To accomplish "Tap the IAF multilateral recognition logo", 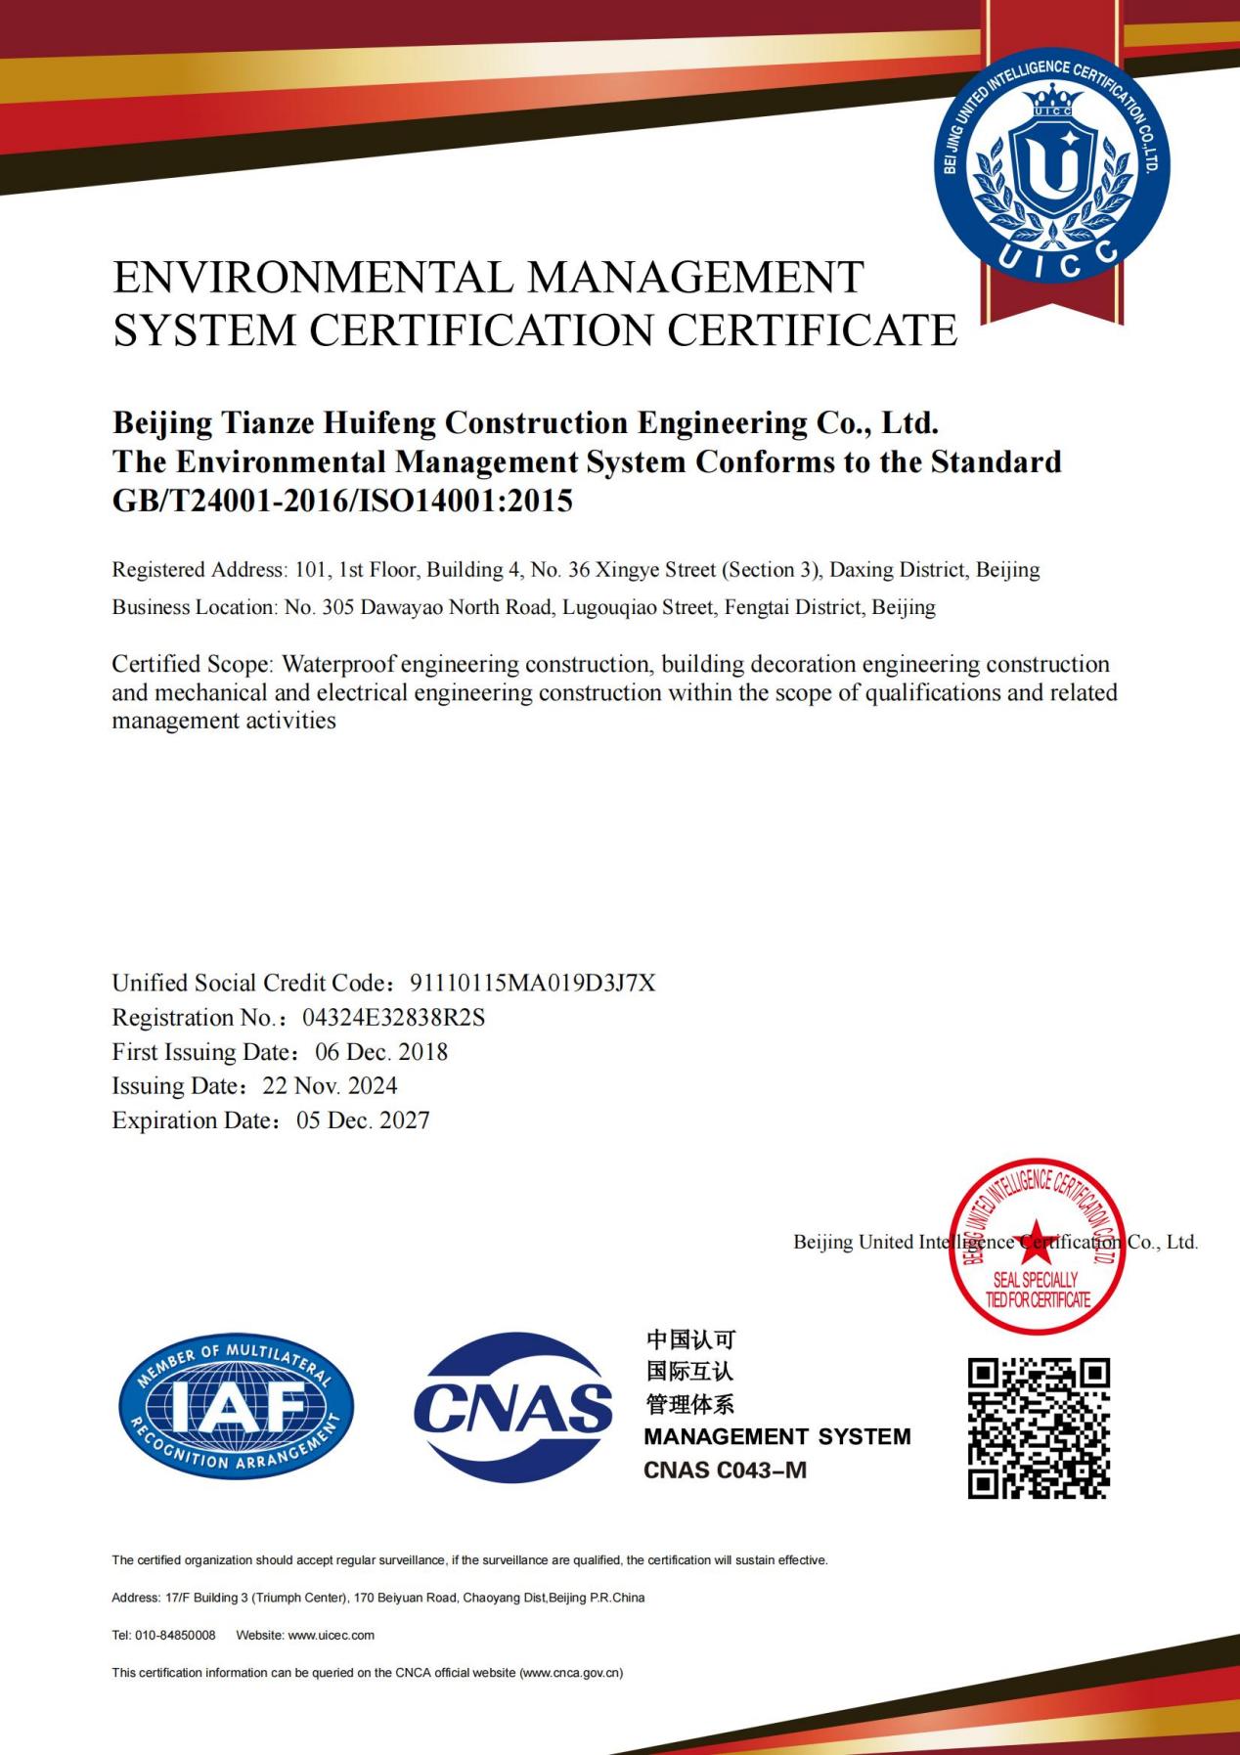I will click(x=236, y=1407).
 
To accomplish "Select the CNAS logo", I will click(x=512, y=1407).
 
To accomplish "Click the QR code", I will click(x=1039, y=1427).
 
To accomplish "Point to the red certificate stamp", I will click(x=1037, y=1247).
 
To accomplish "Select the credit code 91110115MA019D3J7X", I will click(x=533, y=983).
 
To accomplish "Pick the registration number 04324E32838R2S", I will click(x=393, y=1018).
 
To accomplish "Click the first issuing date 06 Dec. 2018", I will click(x=381, y=1052).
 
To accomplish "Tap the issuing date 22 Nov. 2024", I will click(x=330, y=1086).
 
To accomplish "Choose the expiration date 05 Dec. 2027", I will click(x=363, y=1120).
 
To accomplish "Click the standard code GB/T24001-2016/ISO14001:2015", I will click(x=342, y=501).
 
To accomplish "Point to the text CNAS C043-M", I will click(x=725, y=1470).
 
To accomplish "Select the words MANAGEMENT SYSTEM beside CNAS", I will click(x=777, y=1436).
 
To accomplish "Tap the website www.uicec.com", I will click(x=332, y=1635).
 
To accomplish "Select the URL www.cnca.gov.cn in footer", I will click(x=570, y=1673).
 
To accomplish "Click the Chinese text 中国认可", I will click(x=690, y=1339).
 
